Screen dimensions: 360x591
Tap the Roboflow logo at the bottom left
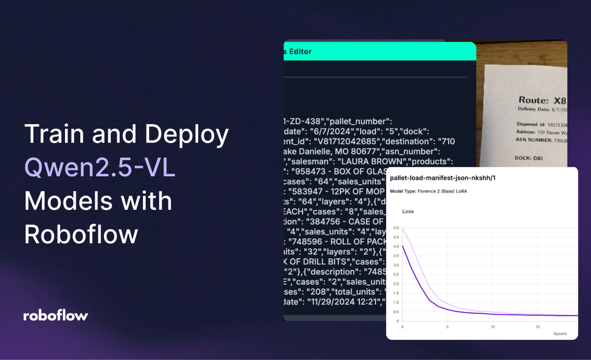click(56, 315)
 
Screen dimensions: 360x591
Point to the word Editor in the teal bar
click(301, 51)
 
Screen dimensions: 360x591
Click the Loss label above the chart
click(408, 211)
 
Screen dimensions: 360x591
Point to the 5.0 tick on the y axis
click(396, 228)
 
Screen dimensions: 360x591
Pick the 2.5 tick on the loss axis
click(396, 274)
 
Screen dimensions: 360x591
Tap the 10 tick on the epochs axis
click(492, 326)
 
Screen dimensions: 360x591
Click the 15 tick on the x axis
click(537, 326)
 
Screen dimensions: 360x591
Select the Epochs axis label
click(560, 333)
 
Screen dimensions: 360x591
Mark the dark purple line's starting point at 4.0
click(402, 247)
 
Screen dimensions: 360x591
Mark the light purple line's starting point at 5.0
click(402, 228)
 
